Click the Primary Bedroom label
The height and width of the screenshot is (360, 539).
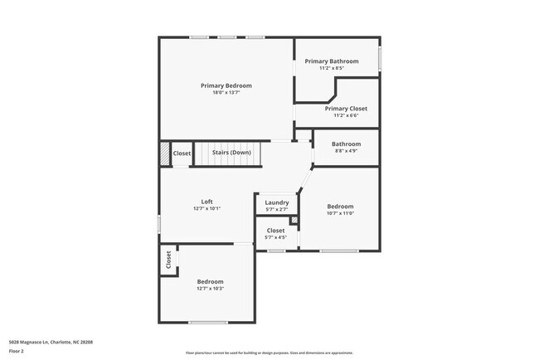(226, 85)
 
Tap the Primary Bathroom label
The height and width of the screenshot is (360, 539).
(332, 61)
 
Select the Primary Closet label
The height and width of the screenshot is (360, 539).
(346, 109)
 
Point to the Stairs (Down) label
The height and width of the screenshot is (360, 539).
(231, 153)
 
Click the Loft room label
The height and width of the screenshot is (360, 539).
(206, 202)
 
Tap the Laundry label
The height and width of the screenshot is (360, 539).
(276, 202)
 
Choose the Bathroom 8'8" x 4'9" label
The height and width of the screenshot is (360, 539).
(346, 144)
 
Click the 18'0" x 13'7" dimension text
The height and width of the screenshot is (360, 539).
(226, 92)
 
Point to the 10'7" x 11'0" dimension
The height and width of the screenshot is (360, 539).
(340, 213)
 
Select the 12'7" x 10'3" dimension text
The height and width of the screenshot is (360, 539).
(210, 288)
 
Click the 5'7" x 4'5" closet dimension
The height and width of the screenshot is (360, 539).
(276, 237)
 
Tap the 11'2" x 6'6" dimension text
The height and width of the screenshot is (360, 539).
(346, 115)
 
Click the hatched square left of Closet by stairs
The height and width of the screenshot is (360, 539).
(164, 153)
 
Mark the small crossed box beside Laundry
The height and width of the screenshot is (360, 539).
(294, 220)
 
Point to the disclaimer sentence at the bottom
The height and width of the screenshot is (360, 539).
(269, 353)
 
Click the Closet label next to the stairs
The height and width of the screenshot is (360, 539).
(182, 153)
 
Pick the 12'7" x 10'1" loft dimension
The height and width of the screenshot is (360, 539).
(206, 208)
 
